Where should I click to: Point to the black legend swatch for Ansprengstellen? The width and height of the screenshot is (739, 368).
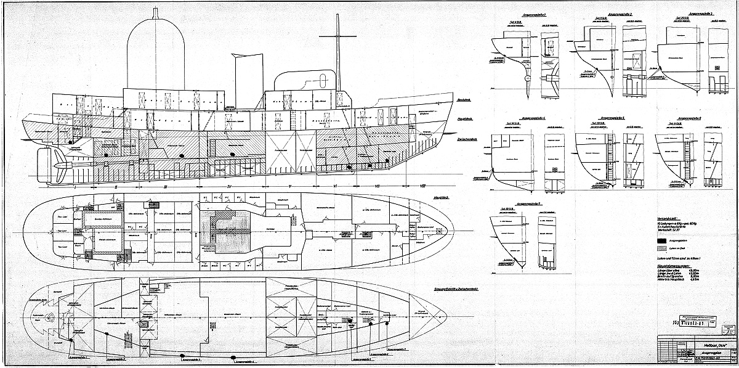pos(663,240)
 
